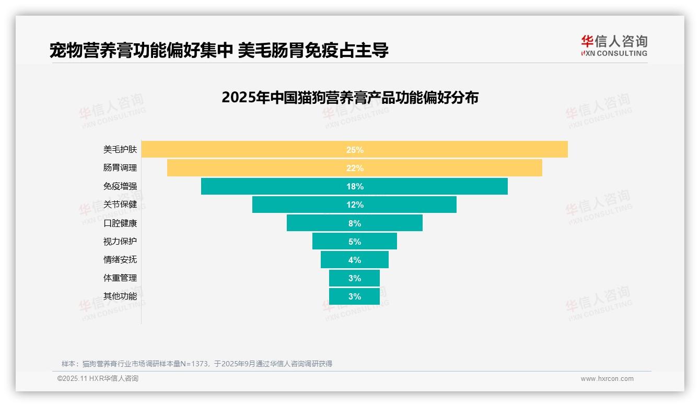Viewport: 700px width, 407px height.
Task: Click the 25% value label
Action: click(x=355, y=150)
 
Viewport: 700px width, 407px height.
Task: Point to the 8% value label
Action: click(x=355, y=223)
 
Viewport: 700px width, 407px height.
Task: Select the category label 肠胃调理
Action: click(x=120, y=168)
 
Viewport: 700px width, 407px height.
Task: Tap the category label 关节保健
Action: click(x=120, y=205)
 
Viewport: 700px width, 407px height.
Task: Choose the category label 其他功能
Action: click(x=120, y=296)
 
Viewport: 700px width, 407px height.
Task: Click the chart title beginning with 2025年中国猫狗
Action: click(x=350, y=98)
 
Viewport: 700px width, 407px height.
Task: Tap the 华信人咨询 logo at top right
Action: click(x=614, y=45)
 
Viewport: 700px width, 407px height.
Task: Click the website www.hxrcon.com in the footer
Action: click(x=607, y=379)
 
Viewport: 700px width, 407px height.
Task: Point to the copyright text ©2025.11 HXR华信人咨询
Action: click(x=98, y=379)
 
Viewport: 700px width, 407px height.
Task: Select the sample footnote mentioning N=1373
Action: click(x=197, y=364)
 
